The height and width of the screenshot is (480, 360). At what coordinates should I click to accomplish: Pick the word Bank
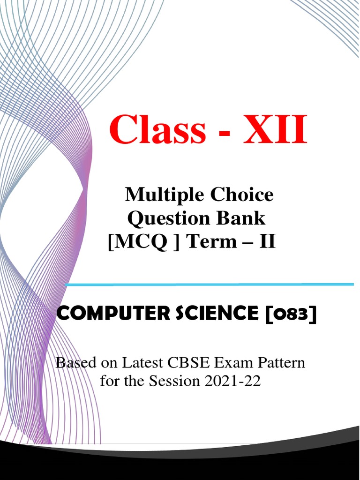coord(243,218)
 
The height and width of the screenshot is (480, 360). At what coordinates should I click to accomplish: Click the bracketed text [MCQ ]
coord(143,242)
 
